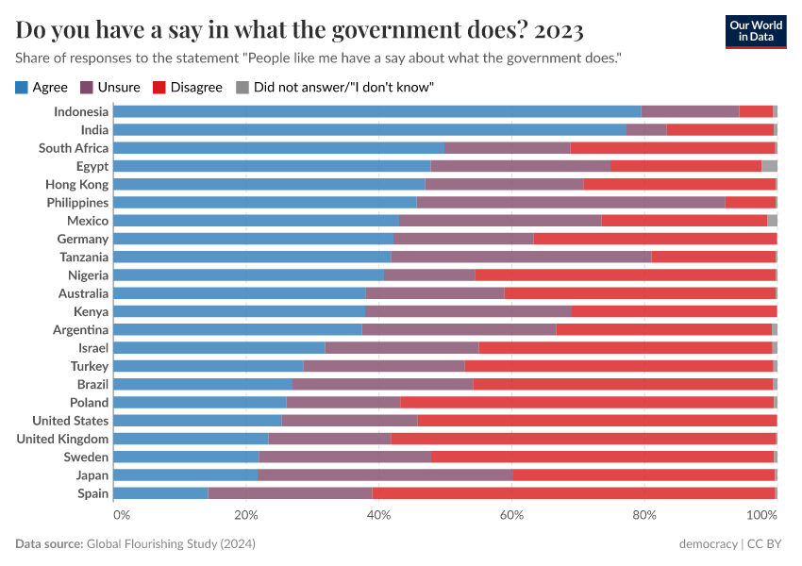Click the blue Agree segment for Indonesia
click(377, 111)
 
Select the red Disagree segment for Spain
click(574, 493)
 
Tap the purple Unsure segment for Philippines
click(571, 202)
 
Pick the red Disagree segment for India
click(720, 129)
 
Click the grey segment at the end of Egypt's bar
click(769, 166)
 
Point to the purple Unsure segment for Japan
click(385, 475)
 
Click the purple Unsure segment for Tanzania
click(521, 257)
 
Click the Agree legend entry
click(42, 87)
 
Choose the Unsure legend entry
click(110, 87)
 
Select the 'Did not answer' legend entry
click(334, 87)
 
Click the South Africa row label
click(74, 148)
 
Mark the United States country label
click(71, 421)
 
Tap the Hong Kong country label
click(77, 184)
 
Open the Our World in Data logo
click(755, 31)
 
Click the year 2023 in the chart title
click(559, 30)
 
